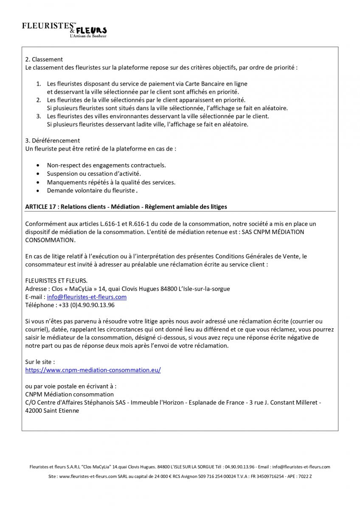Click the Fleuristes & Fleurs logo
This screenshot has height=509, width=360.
[x=65, y=30]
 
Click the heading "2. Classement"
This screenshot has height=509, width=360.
[x=44, y=59]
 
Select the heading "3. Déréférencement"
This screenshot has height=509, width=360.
[x=53, y=140]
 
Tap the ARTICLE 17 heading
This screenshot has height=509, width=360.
[x=126, y=207]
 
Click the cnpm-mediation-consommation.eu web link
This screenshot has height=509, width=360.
[x=93, y=370]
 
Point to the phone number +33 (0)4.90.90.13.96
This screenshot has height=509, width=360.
[x=85, y=305]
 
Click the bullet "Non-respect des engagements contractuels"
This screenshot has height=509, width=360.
[x=106, y=165]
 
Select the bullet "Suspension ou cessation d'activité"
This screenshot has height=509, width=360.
[x=94, y=173]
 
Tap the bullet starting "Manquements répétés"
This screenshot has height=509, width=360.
[x=111, y=182]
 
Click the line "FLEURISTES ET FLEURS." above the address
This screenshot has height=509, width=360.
[x=56, y=280]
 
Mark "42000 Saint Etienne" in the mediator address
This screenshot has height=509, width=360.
[x=52, y=411]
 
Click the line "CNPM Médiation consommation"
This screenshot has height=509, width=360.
[x=69, y=394]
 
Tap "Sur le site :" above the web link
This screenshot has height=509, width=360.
[x=40, y=362]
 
